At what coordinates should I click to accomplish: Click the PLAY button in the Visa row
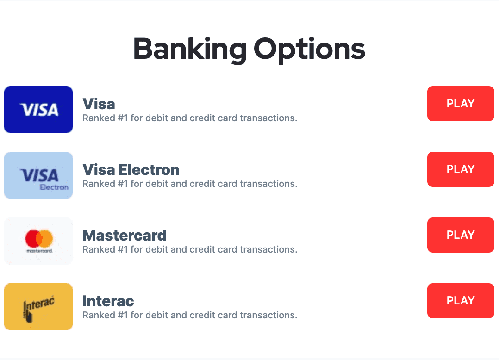pos(461,103)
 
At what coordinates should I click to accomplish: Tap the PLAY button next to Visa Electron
pos(461,169)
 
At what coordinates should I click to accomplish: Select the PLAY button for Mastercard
pos(461,235)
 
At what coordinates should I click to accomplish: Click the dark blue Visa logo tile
pos(38,109)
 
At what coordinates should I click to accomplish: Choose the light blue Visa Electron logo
pos(38,175)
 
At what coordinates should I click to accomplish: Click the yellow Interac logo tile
pos(38,307)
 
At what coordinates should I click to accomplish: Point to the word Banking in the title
pos(190,50)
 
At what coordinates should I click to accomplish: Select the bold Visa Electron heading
pos(131,170)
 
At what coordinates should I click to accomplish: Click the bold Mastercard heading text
pos(125,236)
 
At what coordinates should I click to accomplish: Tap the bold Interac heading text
pos(108,301)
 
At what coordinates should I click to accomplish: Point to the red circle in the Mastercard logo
pos(32,238)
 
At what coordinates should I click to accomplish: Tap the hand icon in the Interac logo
pos(28,316)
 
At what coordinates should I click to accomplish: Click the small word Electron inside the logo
pos(54,187)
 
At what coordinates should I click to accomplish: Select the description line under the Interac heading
pos(190,315)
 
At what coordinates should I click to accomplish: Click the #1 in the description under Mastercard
pos(123,250)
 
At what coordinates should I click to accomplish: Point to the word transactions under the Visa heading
pos(268,118)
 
